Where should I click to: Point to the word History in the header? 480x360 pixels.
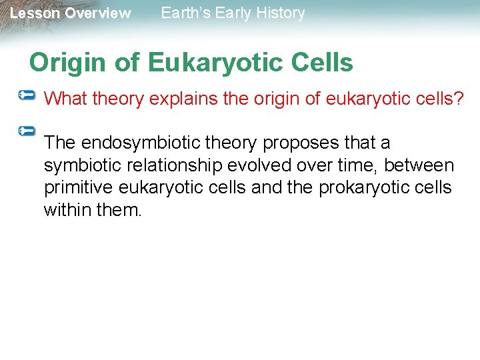point(281,13)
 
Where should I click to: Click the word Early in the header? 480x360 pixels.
point(237,13)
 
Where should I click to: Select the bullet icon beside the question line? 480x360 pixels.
point(27,97)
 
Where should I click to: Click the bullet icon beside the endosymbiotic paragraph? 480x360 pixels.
point(27,131)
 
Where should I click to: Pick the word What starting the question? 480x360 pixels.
point(66,99)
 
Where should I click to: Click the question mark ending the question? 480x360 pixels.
point(459,99)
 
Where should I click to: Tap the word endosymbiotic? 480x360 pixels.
point(147,143)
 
